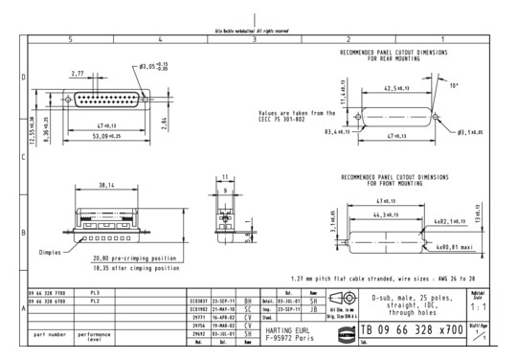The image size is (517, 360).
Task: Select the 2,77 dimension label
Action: (78, 72)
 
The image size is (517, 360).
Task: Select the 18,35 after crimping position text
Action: (132, 268)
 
